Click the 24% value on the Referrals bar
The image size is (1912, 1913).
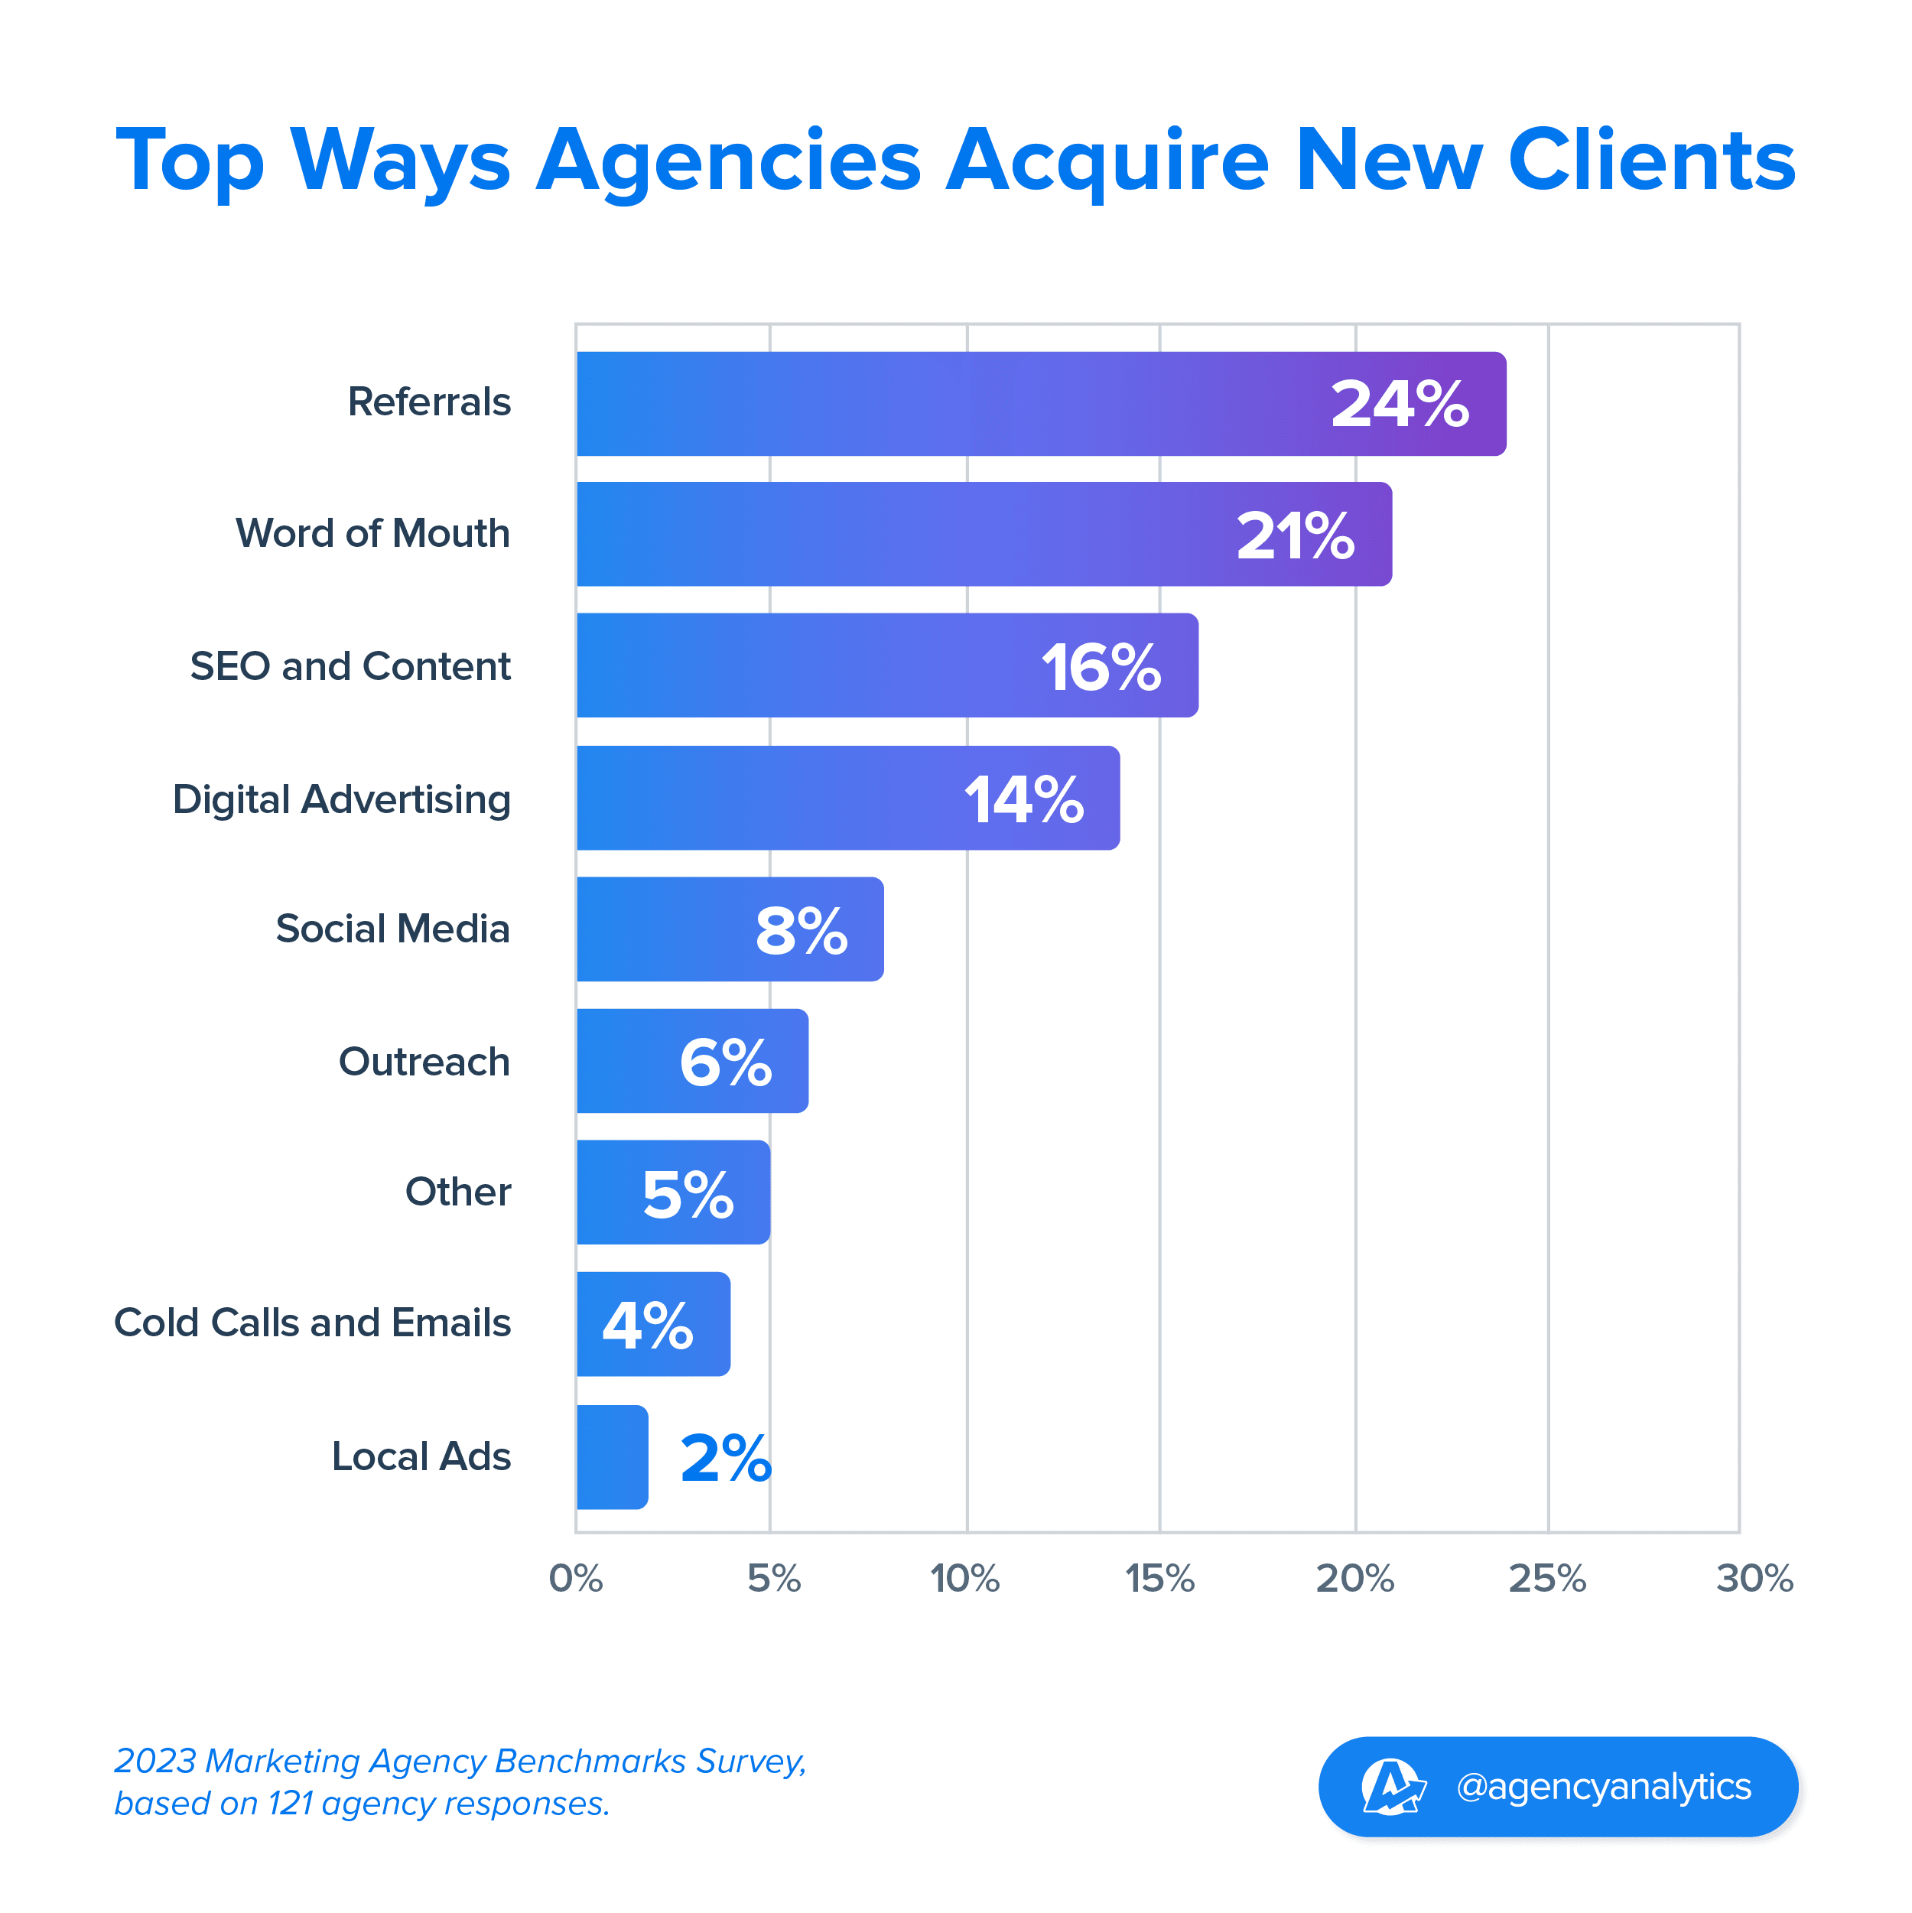tap(1399, 404)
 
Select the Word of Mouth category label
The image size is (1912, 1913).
tap(372, 534)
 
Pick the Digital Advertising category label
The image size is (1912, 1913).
tap(342, 799)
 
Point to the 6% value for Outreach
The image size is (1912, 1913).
tap(725, 1062)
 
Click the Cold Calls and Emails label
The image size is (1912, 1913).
tap(312, 1323)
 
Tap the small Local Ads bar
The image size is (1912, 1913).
tap(612, 1456)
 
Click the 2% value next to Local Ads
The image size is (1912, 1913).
tap(725, 1459)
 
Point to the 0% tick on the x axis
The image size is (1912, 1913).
tap(575, 1578)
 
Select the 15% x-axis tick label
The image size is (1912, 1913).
tap(1159, 1578)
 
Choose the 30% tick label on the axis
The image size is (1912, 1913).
tap(1754, 1578)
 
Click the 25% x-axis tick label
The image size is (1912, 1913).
tap(1546, 1578)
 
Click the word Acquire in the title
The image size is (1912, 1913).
tap(1106, 161)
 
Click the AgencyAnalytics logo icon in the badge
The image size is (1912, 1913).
tap(1392, 1786)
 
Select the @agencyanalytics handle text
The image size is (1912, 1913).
tap(1603, 1786)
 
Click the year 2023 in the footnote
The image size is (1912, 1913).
tap(155, 1761)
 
